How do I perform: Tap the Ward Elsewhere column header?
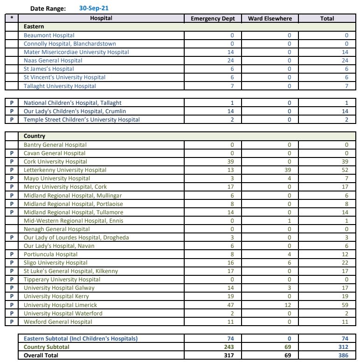click(270, 19)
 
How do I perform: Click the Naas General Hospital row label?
click(53, 61)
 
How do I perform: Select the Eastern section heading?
click(34, 27)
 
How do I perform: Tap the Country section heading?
click(35, 136)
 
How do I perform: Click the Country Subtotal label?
click(46, 347)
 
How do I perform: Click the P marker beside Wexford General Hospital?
click(11, 322)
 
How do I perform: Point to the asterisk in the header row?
click(11, 19)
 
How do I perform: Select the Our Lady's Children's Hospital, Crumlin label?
click(75, 111)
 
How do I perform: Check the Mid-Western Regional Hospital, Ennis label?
click(74, 221)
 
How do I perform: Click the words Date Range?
click(48, 8)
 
